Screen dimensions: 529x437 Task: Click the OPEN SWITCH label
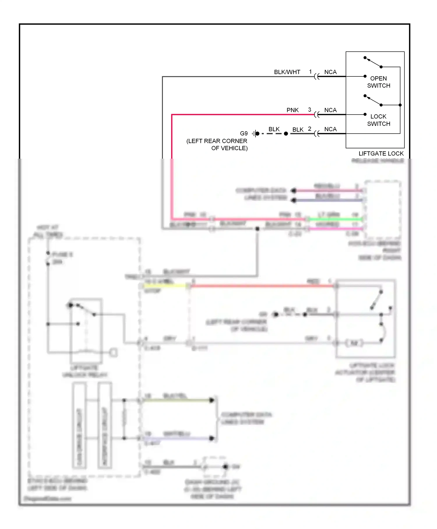tap(378, 82)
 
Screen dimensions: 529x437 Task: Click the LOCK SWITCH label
tap(378, 120)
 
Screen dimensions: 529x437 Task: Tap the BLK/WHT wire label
tap(287, 72)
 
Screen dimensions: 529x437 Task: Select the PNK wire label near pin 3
tap(292, 110)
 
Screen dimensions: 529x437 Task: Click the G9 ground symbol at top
tap(255, 134)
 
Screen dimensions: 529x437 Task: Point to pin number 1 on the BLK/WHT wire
tap(310, 71)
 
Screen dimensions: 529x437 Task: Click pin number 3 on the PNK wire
tap(309, 110)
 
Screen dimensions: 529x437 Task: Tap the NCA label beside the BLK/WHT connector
tap(330, 72)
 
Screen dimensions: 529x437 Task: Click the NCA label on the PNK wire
tap(330, 110)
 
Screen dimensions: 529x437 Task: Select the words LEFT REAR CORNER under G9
tap(217, 141)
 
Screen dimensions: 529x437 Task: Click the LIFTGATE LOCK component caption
tap(381, 154)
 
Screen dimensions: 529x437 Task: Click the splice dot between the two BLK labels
tap(286, 134)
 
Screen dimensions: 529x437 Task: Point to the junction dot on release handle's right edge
tap(400, 105)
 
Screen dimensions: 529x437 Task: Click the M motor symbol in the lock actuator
tap(354, 343)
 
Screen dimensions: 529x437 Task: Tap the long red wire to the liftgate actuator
tap(262, 286)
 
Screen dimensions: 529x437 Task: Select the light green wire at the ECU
tap(335, 219)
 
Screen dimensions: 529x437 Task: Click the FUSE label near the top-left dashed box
tap(62, 255)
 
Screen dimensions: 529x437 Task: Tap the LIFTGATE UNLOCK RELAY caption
tap(84, 371)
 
